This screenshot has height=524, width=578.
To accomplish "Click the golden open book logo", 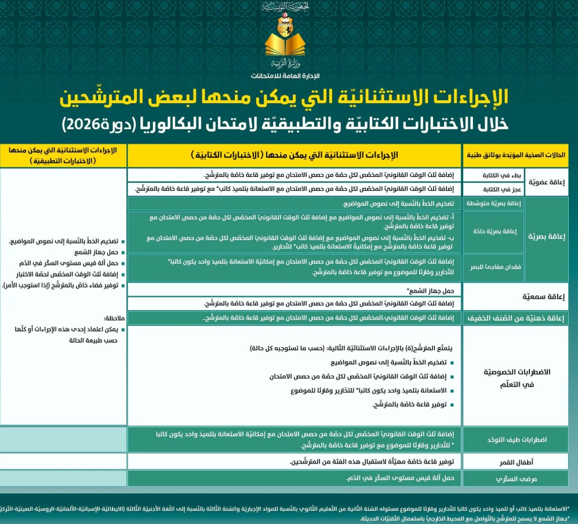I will click(x=288, y=44).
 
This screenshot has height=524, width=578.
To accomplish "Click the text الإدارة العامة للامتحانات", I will click(x=286, y=76).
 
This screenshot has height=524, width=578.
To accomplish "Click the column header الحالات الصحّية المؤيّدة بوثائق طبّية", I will click(x=517, y=155).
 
